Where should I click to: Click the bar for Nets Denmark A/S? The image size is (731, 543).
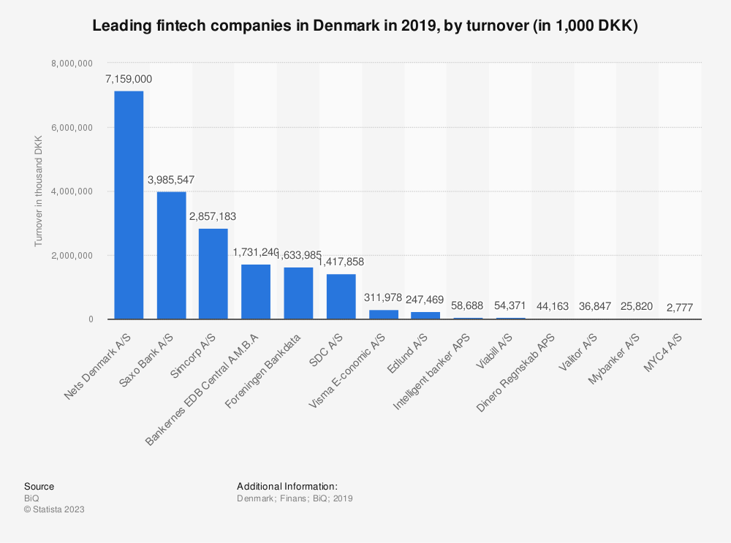(129, 205)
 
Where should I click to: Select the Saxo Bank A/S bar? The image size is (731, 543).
(171, 255)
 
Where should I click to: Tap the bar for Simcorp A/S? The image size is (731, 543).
(213, 274)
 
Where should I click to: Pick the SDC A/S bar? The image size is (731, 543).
(341, 297)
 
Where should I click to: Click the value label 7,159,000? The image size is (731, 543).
(129, 79)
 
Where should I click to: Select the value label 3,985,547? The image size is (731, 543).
(171, 180)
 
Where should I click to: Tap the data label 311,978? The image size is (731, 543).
(383, 297)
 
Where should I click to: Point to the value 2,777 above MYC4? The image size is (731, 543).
(680, 307)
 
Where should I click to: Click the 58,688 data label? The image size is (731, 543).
(468, 305)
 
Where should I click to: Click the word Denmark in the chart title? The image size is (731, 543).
(317, 26)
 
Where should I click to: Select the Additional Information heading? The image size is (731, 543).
(287, 486)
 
